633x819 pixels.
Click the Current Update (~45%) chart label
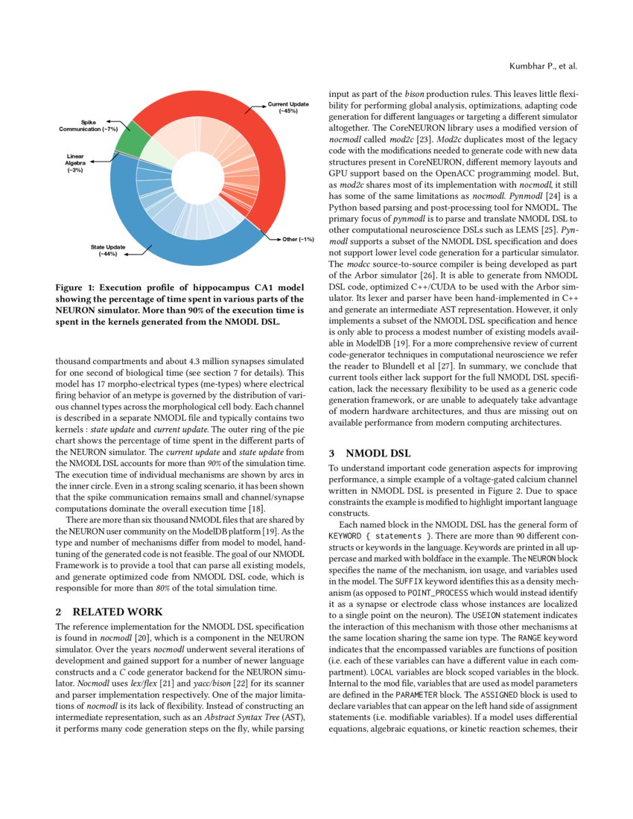288,107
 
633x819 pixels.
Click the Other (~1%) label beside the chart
298,240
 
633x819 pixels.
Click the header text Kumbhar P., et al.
543,66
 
